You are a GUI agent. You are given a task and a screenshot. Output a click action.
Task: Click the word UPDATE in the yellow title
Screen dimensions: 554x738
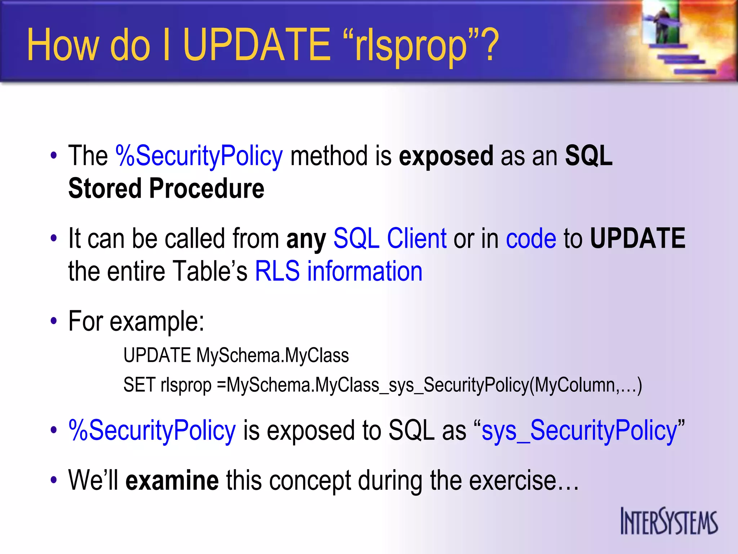click(x=257, y=45)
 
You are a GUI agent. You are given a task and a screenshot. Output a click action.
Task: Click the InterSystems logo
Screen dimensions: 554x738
click(x=669, y=522)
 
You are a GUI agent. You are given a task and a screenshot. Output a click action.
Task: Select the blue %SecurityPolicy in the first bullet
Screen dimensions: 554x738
click(x=199, y=156)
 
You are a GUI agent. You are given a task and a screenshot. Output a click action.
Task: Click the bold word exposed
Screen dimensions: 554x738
click(x=446, y=156)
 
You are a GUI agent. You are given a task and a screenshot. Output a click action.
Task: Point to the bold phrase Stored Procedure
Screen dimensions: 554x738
click(x=166, y=188)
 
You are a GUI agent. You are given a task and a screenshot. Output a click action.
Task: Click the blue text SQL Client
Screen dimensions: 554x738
click(x=390, y=239)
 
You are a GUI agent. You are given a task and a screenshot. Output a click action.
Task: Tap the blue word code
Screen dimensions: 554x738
click(x=531, y=239)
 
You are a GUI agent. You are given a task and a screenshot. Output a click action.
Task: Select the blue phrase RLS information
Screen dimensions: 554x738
click(x=338, y=271)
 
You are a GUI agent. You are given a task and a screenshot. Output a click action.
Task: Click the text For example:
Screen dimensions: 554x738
click(x=136, y=321)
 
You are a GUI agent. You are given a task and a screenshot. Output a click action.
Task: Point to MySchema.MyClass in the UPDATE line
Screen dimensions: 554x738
click(x=272, y=356)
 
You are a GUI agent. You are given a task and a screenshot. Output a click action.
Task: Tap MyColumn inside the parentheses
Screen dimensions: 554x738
click(x=574, y=385)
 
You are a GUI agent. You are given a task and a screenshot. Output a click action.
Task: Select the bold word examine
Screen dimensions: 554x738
click(x=172, y=480)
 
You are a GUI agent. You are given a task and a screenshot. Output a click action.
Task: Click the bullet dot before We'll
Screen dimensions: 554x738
click(x=54, y=480)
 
